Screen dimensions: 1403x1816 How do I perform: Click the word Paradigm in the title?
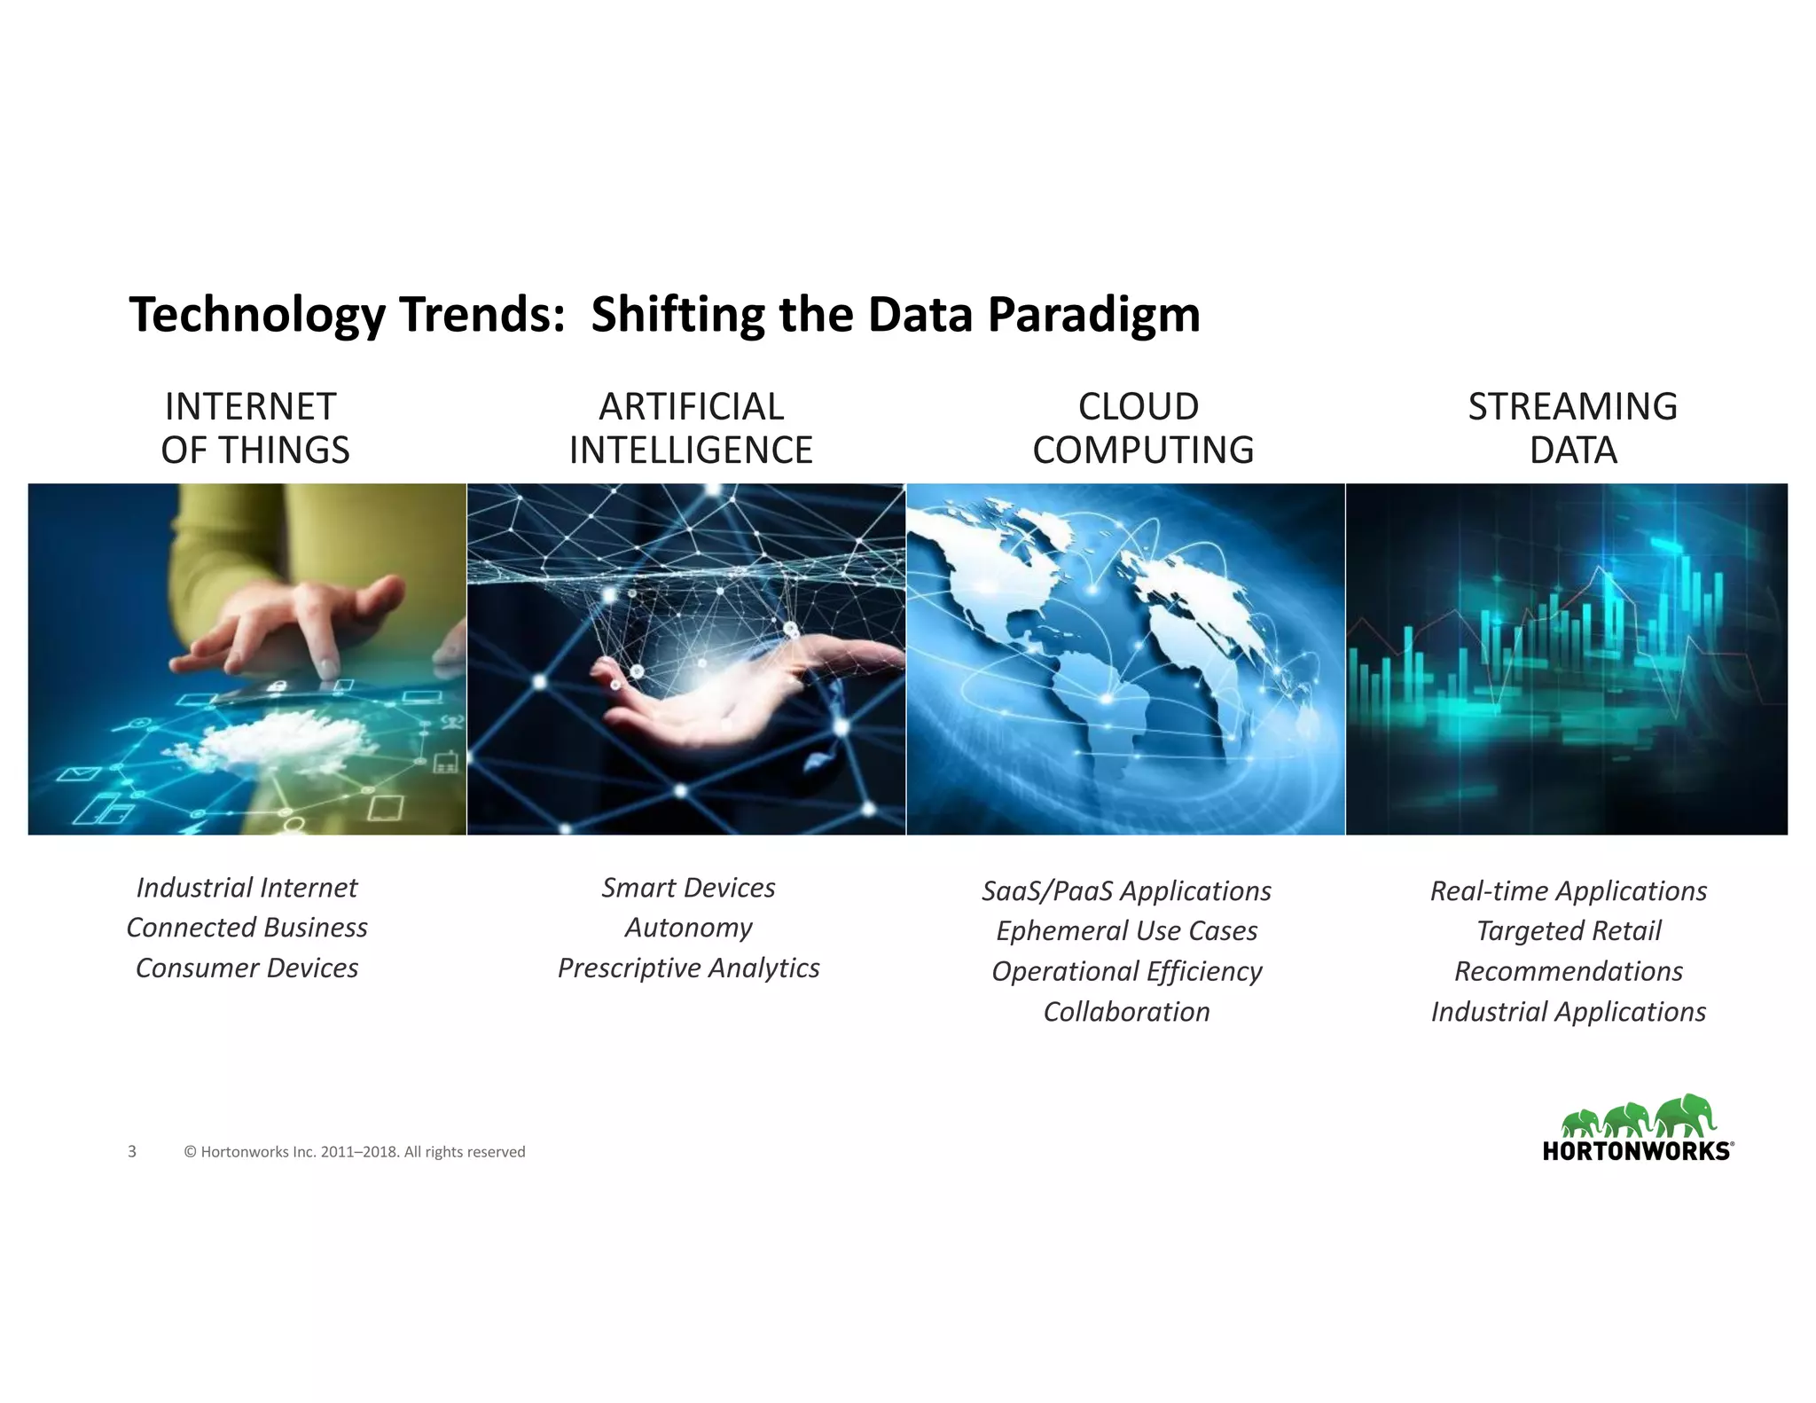point(1093,315)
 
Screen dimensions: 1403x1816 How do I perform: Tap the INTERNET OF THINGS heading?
point(254,428)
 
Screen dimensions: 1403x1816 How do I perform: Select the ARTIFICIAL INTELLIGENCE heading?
point(691,428)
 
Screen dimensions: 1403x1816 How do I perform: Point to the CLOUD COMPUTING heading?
point(1142,428)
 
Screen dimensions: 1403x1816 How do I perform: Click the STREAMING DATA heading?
point(1572,428)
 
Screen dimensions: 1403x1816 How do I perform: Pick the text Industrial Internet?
point(247,888)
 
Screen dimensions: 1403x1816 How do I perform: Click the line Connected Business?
point(247,928)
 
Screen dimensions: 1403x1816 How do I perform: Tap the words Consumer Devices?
point(247,968)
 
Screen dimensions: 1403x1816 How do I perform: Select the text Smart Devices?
point(688,888)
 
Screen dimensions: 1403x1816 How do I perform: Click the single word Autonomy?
point(688,928)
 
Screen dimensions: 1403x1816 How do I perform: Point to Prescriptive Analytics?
point(688,968)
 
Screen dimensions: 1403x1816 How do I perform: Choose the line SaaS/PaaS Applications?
point(1126,891)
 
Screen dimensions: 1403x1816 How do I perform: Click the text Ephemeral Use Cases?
point(1126,931)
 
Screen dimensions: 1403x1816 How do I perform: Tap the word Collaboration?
point(1126,1012)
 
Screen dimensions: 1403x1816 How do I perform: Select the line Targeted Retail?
point(1568,931)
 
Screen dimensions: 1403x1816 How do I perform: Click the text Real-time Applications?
point(1568,891)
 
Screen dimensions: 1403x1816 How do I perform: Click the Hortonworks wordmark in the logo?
point(1636,1151)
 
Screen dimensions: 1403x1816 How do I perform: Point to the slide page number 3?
point(132,1152)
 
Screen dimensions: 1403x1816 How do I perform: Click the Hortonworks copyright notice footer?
point(355,1152)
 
